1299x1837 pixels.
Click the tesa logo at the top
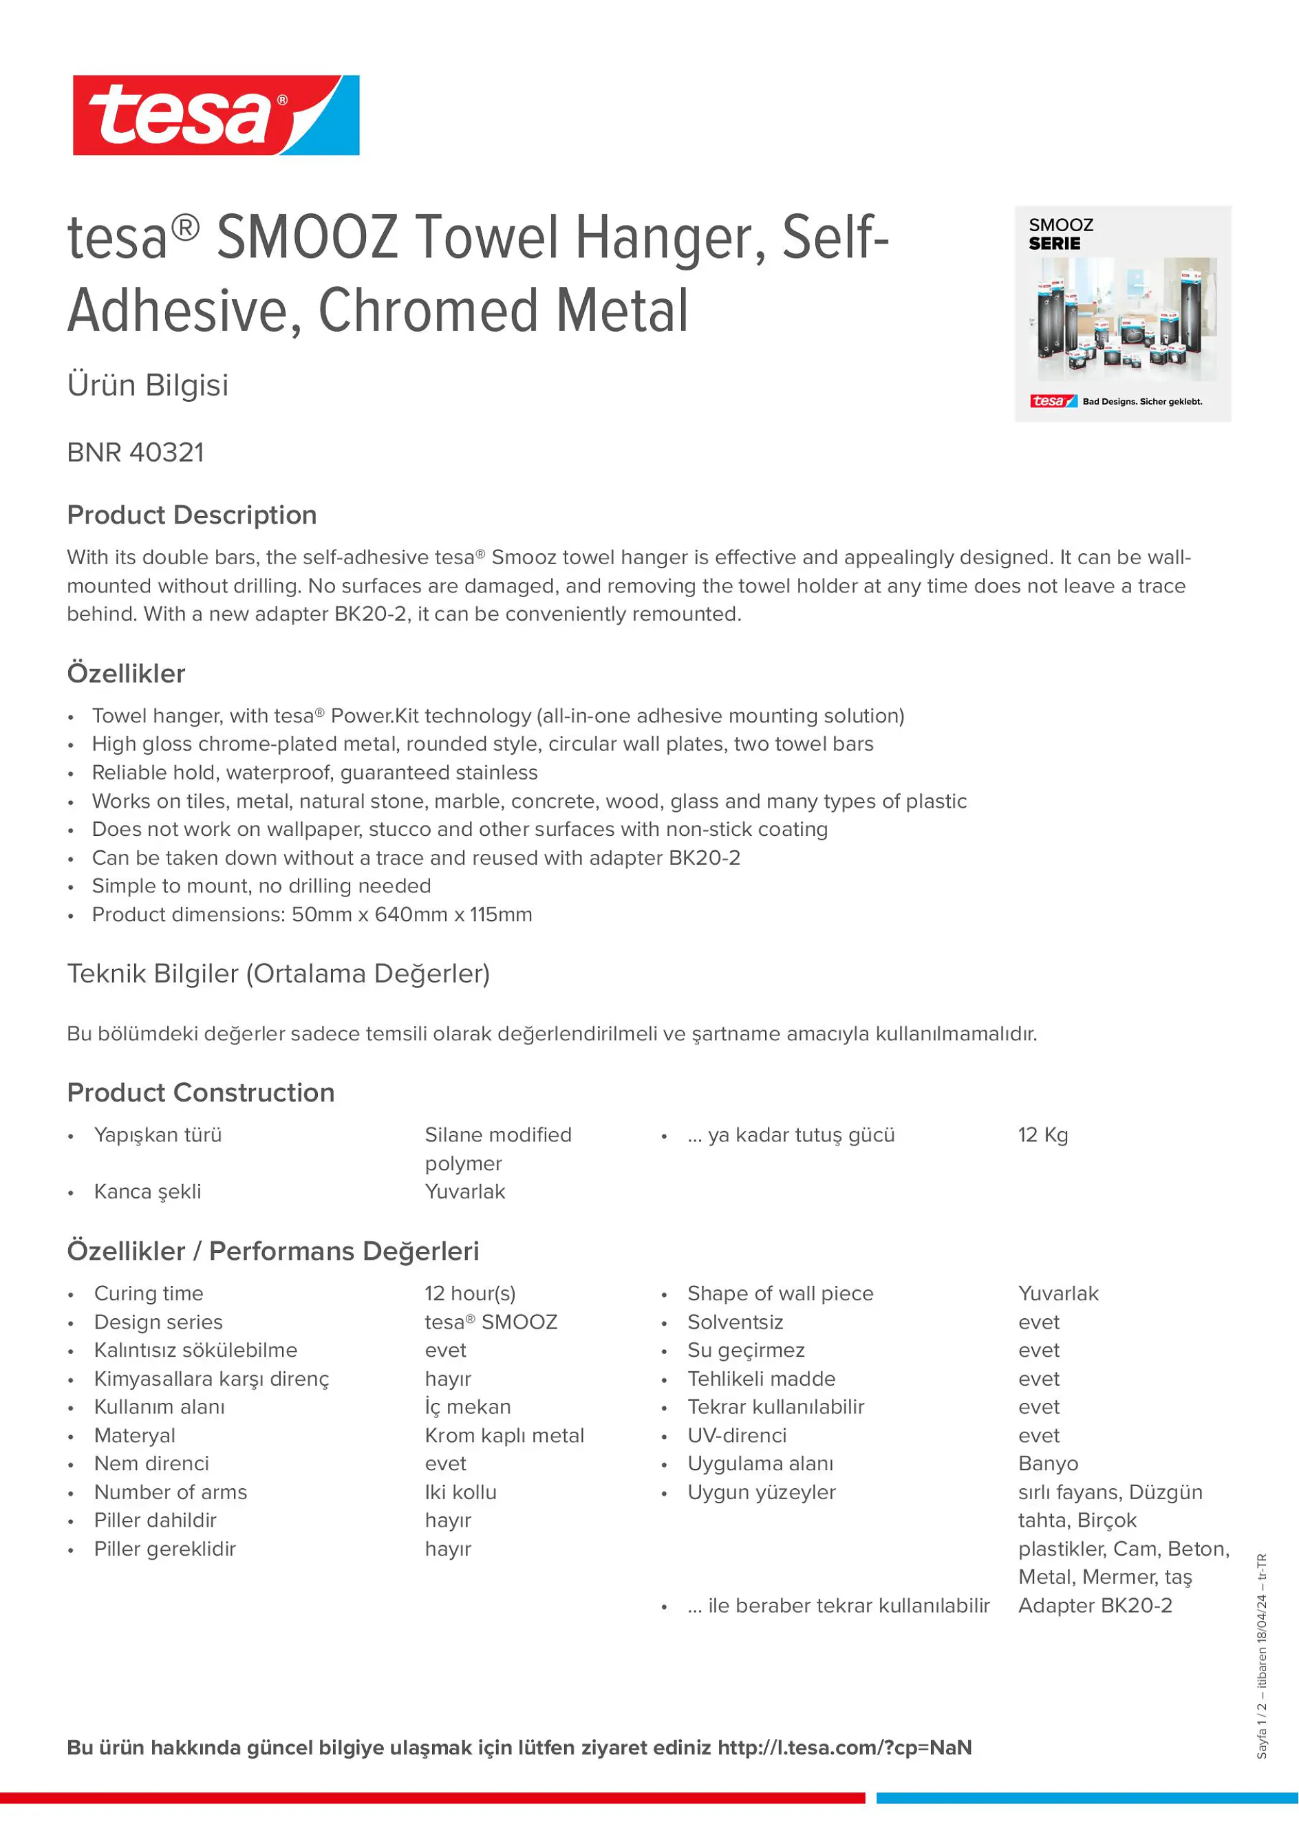[x=216, y=115]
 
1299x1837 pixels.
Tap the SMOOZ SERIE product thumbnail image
[x=1122, y=314]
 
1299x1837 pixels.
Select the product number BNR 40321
[x=136, y=453]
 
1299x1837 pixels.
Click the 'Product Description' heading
[x=192, y=515]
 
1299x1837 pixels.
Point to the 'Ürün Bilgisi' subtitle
[x=148, y=385]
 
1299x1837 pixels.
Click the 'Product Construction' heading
[x=201, y=1093]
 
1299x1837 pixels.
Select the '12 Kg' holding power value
[x=1043, y=1135]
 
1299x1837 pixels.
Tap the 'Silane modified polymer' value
[x=497, y=1149]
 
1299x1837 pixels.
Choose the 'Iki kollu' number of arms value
[x=461, y=1492]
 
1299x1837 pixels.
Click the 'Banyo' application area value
[x=1048, y=1464]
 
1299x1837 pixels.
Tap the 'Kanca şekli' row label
[x=148, y=1192]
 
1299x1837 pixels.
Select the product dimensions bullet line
[x=312, y=914]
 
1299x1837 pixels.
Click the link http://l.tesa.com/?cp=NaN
[x=845, y=1748]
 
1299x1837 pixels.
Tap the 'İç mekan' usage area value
[x=468, y=1408]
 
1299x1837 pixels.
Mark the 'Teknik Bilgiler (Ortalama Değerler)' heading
[x=279, y=974]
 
